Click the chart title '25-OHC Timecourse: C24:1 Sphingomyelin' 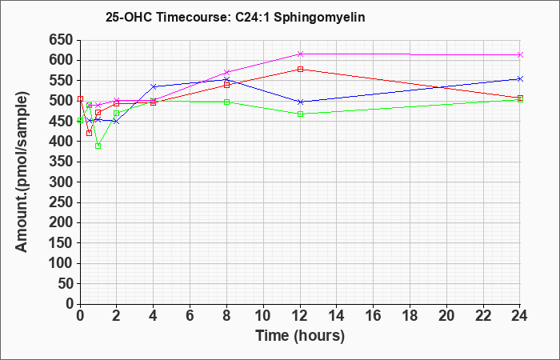coord(235,17)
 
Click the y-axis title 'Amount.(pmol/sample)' coord(22,172)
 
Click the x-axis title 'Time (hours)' coord(300,336)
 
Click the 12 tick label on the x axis coord(300,315)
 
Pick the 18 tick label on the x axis coord(410,315)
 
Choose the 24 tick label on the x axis coord(519,315)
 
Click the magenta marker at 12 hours coord(300,54)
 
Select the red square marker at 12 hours coord(300,70)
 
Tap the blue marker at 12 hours coord(300,102)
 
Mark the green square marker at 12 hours coord(300,114)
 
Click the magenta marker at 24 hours coord(520,54)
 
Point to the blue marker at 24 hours coord(520,79)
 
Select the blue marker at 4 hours coord(154,86)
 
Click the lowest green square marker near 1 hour coord(98,146)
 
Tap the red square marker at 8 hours coord(226,85)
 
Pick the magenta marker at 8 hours coord(226,72)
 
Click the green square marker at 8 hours coord(226,102)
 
